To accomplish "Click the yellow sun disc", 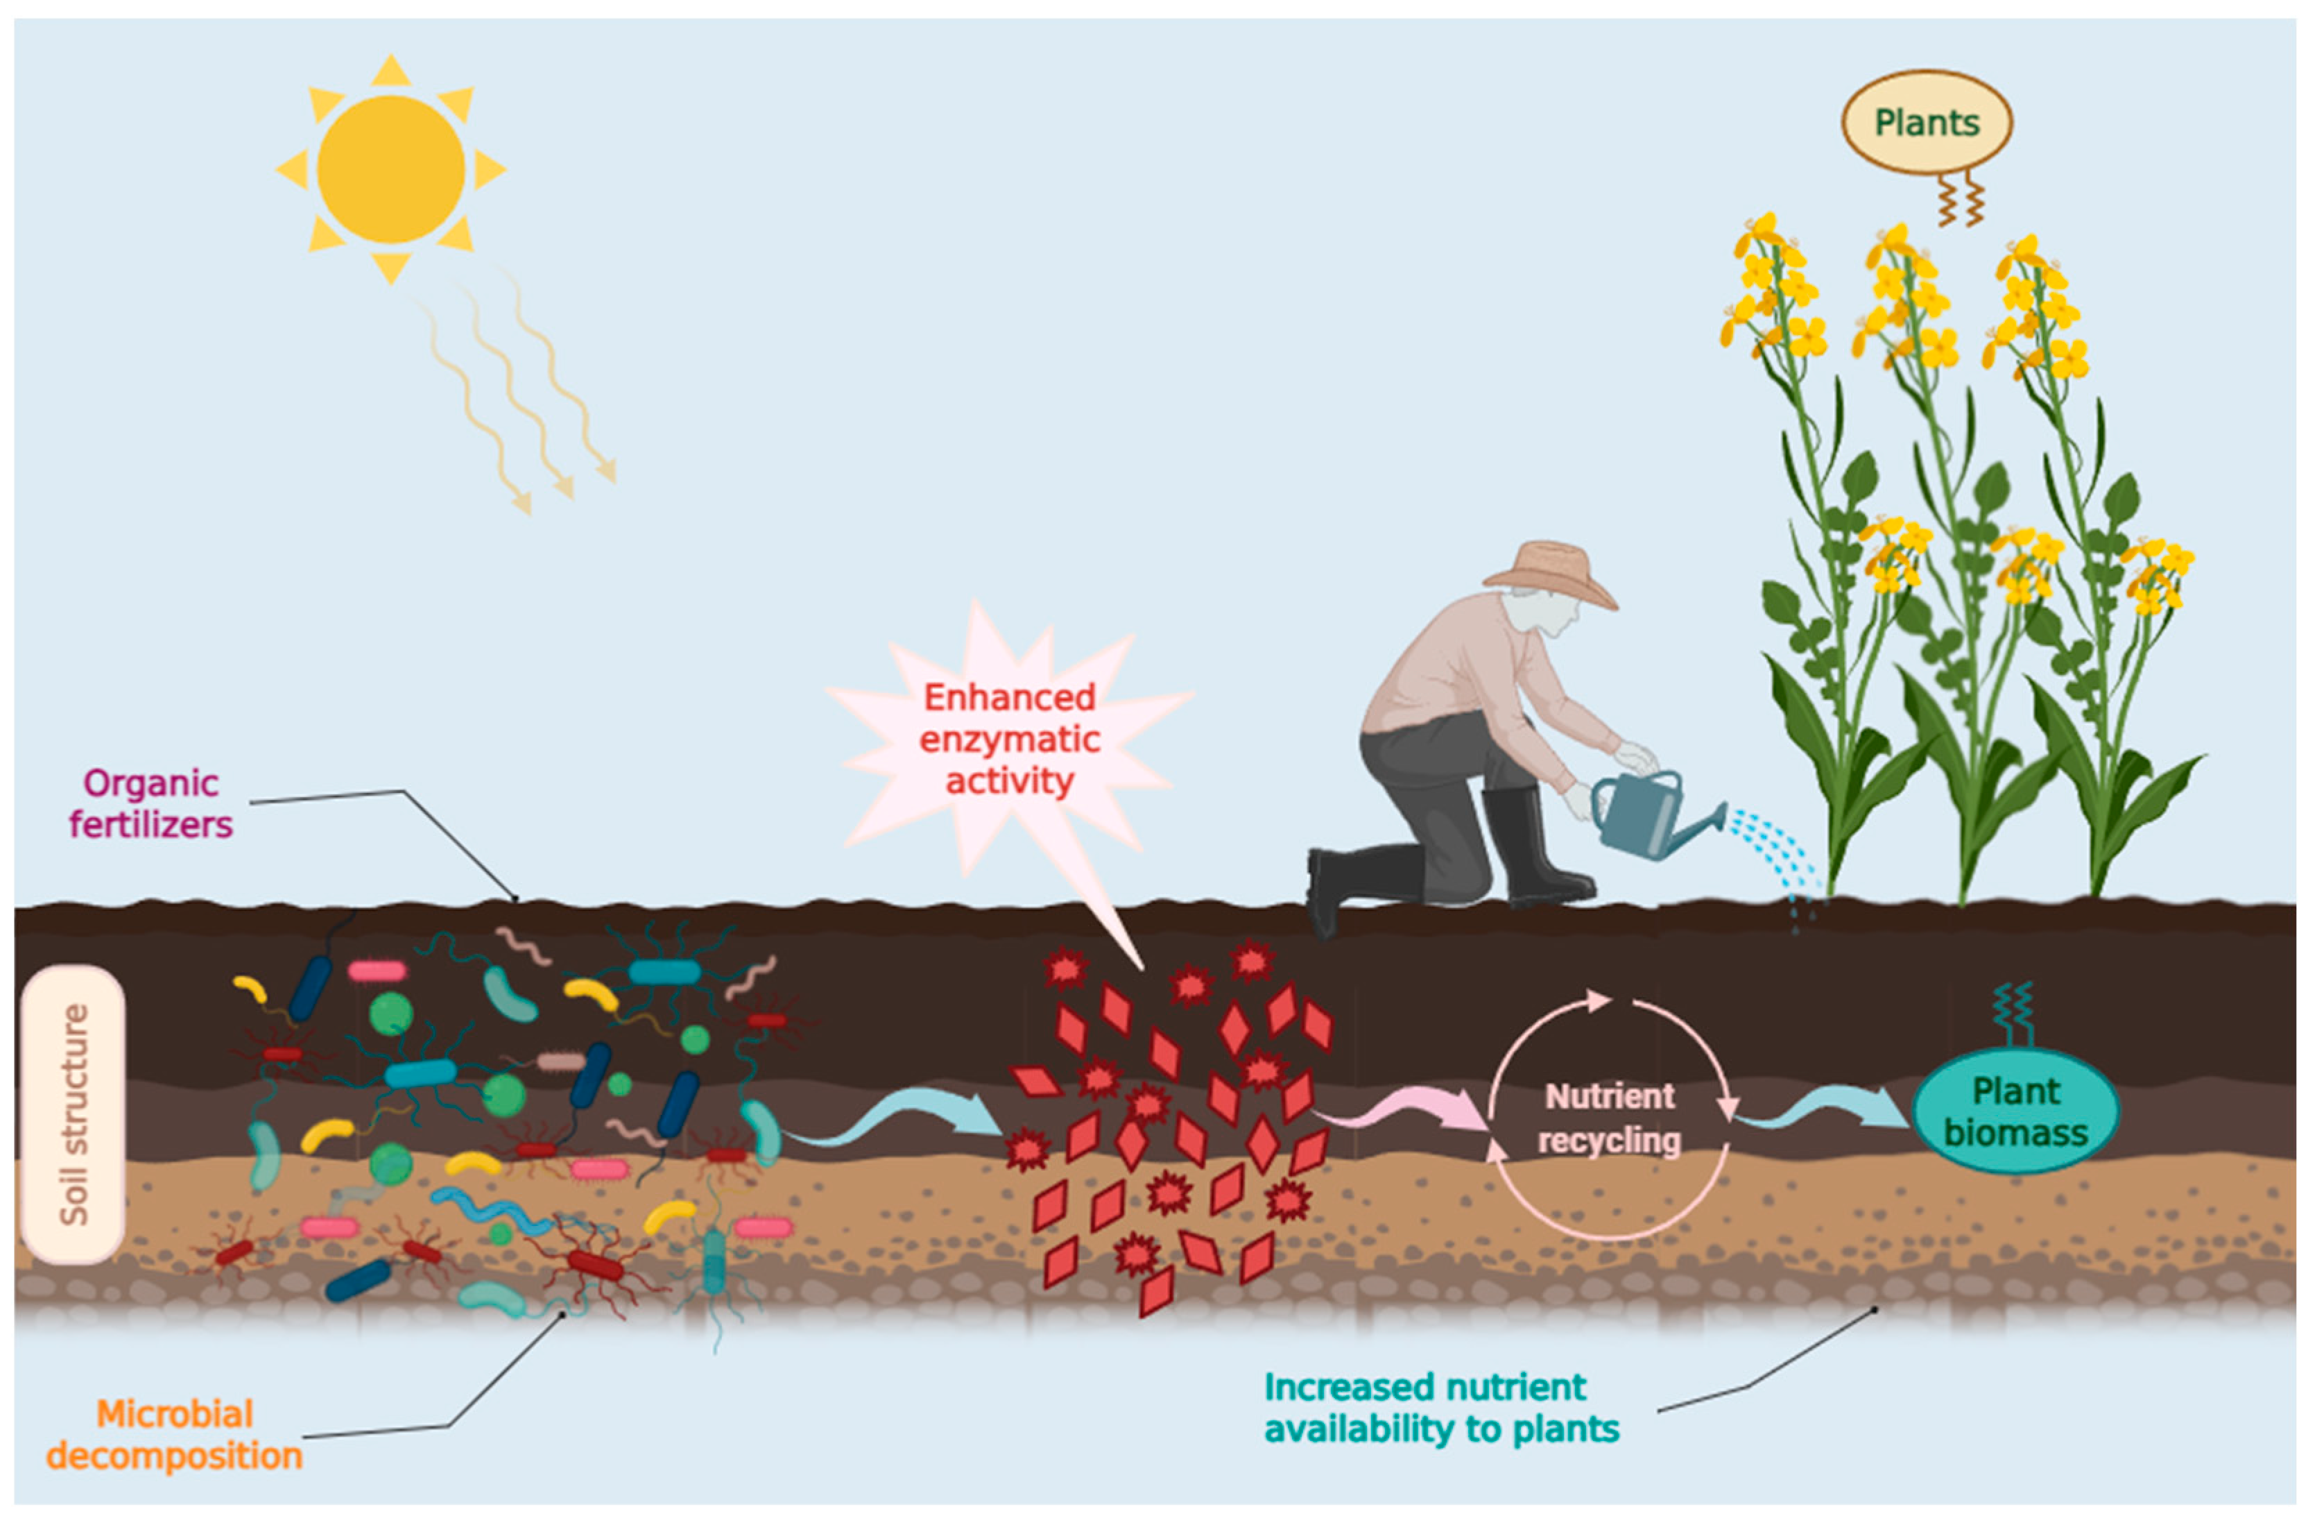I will [x=391, y=169].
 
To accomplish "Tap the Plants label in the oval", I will [x=1926, y=123].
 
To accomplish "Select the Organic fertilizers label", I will [x=151, y=803].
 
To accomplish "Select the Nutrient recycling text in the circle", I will [x=1609, y=1118].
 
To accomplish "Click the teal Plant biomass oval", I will [x=2015, y=1111].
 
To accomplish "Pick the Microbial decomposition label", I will [x=175, y=1435].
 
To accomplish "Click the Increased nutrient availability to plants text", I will [x=1441, y=1408].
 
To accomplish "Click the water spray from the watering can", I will [x=1775, y=844].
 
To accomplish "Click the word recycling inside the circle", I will [x=1609, y=1141].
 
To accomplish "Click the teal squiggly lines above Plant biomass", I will [x=2013, y=1014].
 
